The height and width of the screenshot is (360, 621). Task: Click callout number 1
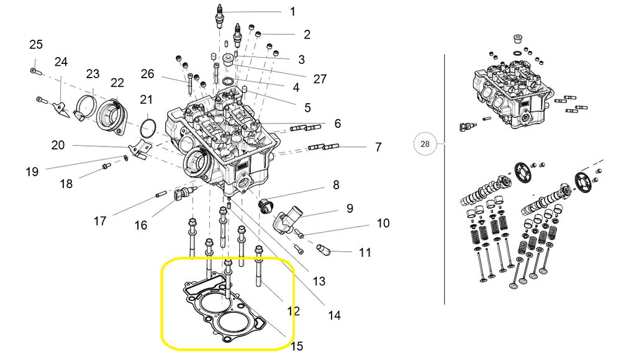(x=292, y=11)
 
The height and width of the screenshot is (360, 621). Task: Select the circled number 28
(x=425, y=144)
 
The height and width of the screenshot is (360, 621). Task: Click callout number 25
(x=36, y=45)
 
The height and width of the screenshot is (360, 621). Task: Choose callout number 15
(x=296, y=345)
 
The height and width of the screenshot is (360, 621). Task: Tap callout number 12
(x=293, y=311)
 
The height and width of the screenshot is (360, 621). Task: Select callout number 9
(x=350, y=208)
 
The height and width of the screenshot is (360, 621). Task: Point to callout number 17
(x=100, y=220)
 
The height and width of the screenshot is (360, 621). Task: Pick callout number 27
(x=320, y=79)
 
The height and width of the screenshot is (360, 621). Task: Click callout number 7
(x=378, y=148)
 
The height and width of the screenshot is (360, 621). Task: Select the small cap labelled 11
(x=325, y=250)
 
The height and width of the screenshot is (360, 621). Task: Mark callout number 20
(x=58, y=145)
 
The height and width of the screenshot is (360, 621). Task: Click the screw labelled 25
(x=34, y=71)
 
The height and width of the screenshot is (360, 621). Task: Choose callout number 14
(x=334, y=315)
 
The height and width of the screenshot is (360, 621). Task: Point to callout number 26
(x=147, y=74)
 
